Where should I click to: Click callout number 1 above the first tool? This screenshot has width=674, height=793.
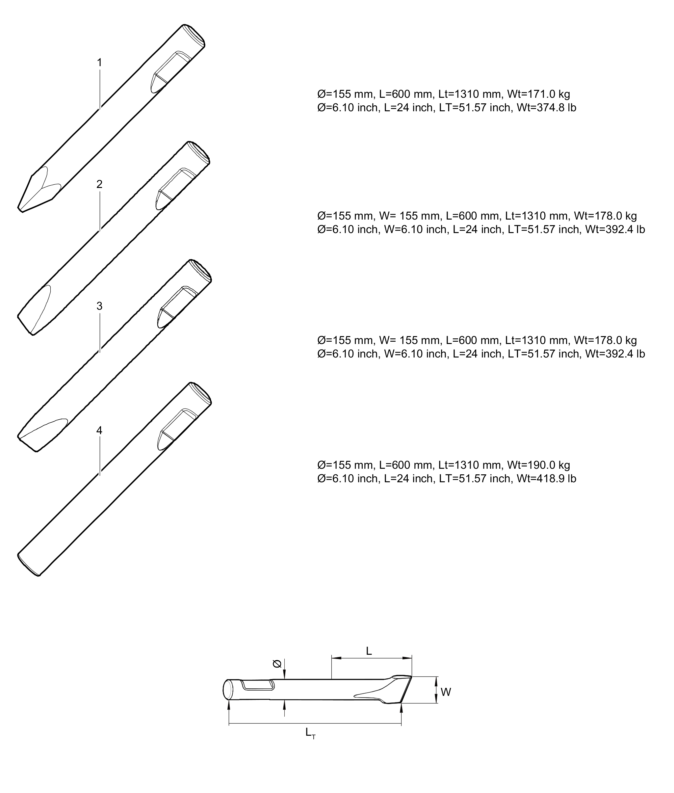tap(99, 62)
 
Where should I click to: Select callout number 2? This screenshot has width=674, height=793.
tap(99, 184)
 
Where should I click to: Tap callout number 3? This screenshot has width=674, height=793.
tap(99, 306)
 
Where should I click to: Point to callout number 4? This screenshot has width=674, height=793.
tap(99, 430)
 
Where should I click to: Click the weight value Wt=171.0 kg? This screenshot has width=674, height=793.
tap(538, 94)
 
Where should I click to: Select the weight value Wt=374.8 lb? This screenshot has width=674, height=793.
tap(546, 108)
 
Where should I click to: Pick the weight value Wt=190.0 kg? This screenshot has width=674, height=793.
tap(538, 465)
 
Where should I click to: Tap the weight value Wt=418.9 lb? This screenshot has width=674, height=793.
tap(546, 479)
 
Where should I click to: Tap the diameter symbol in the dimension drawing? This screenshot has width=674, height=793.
tap(277, 664)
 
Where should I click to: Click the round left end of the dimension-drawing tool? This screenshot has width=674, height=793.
tap(228, 689)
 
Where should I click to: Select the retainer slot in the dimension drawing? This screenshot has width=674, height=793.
tap(258, 685)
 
